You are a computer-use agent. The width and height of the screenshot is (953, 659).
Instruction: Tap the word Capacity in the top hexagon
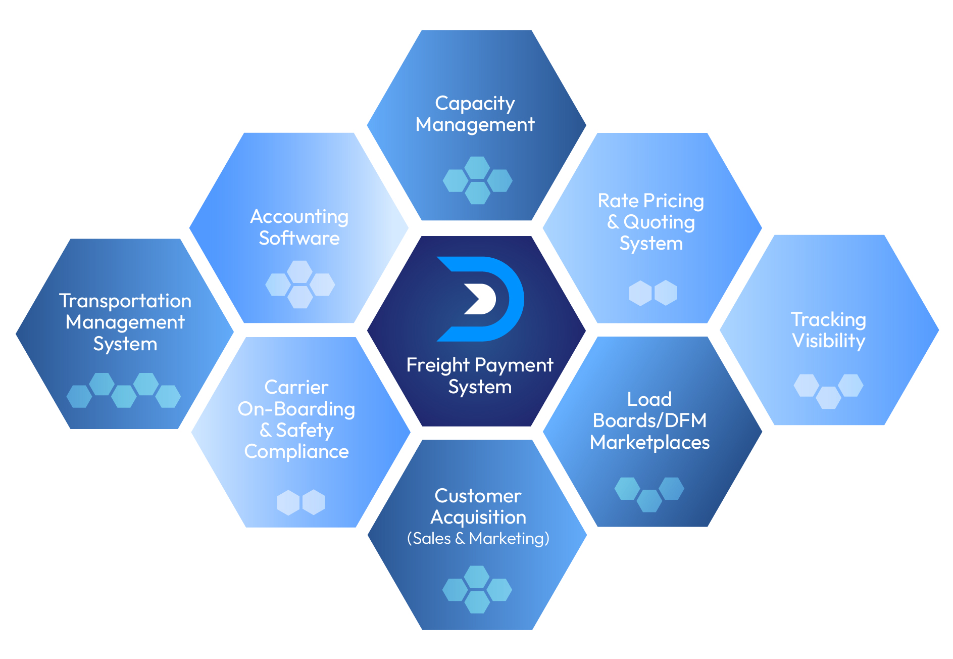click(x=475, y=104)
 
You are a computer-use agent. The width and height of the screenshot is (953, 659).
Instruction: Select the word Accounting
click(x=299, y=217)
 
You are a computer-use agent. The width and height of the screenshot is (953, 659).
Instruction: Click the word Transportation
click(x=125, y=301)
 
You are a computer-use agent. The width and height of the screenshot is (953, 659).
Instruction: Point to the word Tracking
click(x=828, y=319)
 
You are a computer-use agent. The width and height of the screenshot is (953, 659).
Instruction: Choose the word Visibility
click(x=828, y=341)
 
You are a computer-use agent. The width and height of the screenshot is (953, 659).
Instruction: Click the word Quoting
click(x=659, y=222)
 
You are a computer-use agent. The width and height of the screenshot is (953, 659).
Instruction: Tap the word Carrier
click(x=296, y=387)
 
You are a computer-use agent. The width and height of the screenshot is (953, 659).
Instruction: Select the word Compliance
click(x=296, y=451)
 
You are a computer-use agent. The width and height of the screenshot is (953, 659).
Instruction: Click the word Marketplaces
click(x=649, y=443)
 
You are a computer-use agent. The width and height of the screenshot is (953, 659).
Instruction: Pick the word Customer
click(x=478, y=496)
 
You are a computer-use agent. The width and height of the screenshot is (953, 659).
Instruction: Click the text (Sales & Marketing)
click(x=478, y=539)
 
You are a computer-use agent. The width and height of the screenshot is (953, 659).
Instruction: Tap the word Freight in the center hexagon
click(x=438, y=365)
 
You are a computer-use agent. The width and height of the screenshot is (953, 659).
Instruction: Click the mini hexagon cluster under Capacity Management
click(x=477, y=180)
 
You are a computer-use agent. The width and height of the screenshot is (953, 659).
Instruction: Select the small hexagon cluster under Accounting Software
click(x=300, y=285)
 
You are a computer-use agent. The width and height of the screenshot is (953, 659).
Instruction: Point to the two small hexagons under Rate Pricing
click(x=653, y=293)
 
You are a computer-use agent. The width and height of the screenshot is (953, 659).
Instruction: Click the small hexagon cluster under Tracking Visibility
click(x=828, y=391)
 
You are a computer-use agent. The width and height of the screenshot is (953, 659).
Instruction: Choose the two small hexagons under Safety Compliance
click(x=301, y=502)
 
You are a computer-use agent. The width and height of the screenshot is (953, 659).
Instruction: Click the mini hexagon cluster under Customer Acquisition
click(x=477, y=589)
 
